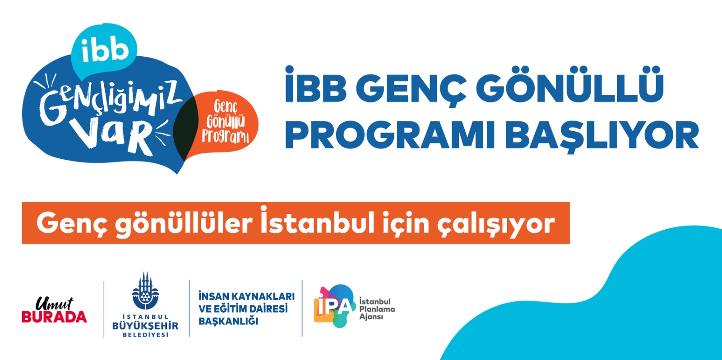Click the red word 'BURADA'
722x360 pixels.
[x=54, y=317]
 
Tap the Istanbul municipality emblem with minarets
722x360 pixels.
[x=145, y=292]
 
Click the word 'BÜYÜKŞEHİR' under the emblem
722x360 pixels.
[x=145, y=326]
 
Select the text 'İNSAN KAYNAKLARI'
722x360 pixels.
[x=246, y=296]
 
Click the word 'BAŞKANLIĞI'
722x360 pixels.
[x=228, y=321]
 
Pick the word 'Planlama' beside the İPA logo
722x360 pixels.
[x=377, y=309]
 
